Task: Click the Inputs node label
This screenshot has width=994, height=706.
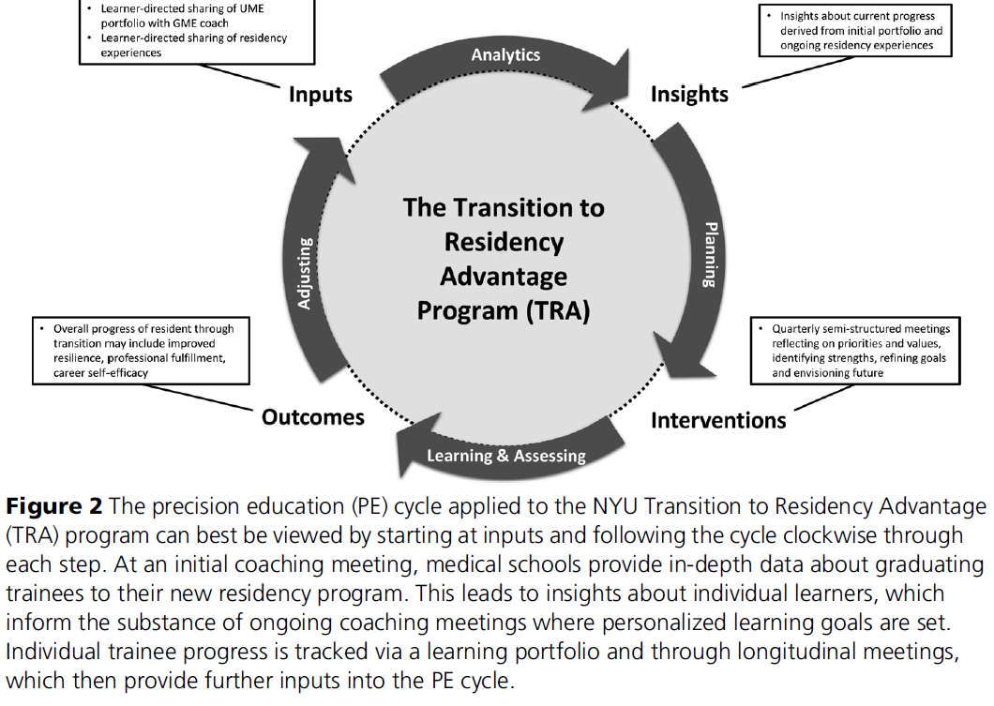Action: pyautogui.click(x=320, y=95)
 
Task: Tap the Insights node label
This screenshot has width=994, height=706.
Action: pyautogui.click(x=689, y=95)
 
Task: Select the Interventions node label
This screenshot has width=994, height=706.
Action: pyautogui.click(x=718, y=419)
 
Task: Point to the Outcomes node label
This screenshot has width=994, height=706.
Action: pyautogui.click(x=313, y=416)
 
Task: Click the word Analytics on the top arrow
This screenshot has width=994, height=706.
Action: pyautogui.click(x=505, y=55)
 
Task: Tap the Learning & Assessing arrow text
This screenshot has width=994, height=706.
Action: pyautogui.click(x=506, y=456)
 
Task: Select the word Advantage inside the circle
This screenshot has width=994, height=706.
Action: pyautogui.click(x=504, y=277)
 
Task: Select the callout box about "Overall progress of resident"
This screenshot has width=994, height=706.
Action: pyautogui.click(x=141, y=351)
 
